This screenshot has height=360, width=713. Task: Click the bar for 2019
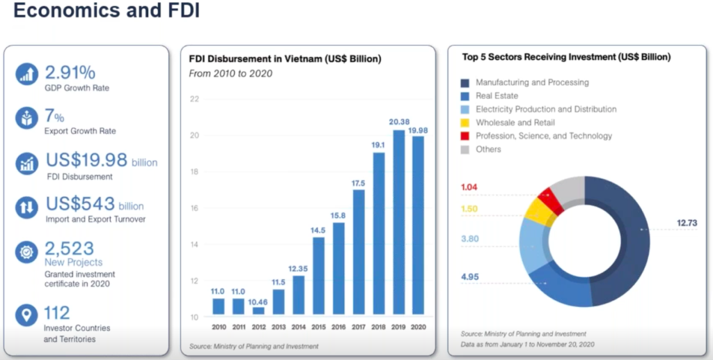point(399,222)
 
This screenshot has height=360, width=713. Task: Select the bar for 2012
point(258,311)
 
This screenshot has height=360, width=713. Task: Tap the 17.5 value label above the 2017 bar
point(359,182)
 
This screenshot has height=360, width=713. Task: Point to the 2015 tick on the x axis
point(318,326)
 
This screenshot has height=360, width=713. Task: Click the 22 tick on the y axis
point(194,99)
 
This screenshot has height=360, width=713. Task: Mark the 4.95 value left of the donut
point(470,277)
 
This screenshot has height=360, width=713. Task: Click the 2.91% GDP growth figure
point(70,72)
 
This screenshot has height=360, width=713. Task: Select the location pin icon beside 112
point(26,316)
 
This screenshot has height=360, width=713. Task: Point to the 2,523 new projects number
point(69,249)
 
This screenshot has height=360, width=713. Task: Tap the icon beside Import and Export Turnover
point(26,208)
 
